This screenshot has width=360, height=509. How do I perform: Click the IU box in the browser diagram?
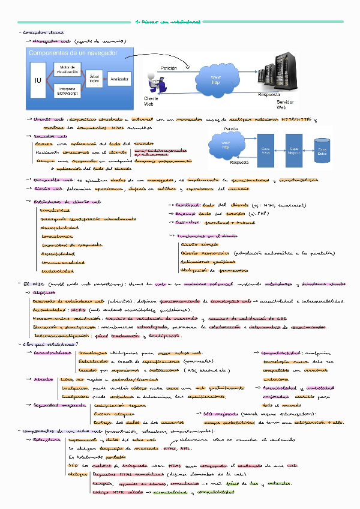(38, 79)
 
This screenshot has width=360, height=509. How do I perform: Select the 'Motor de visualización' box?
(67, 70)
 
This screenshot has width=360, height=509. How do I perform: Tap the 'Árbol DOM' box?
(94, 79)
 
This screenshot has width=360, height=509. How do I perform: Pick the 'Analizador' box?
(119, 79)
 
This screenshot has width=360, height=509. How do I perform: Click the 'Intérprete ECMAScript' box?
(67, 91)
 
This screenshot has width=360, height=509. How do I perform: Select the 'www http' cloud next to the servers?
(216, 79)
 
